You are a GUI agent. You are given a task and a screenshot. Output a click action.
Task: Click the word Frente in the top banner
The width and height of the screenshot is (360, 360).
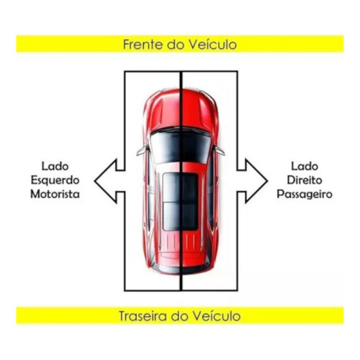(143, 45)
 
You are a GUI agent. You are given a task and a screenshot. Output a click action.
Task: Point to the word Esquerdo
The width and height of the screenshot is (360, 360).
(55, 180)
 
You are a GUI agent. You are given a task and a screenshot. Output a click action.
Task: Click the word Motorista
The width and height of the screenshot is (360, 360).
(55, 194)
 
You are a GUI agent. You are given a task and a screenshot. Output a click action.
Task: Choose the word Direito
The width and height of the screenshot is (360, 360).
(305, 180)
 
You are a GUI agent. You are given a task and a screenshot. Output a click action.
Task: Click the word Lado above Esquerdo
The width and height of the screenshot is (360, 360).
(55, 166)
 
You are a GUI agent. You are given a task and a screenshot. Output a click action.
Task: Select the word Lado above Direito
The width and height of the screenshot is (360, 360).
(305, 166)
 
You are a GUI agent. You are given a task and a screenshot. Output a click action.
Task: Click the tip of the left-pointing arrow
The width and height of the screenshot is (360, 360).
(95, 181)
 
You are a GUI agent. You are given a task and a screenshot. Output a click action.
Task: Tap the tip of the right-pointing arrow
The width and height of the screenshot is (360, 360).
(267, 181)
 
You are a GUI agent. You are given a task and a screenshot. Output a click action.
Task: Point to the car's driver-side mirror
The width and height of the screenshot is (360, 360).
(143, 150)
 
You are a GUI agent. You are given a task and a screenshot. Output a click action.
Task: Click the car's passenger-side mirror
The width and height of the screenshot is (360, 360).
(219, 151)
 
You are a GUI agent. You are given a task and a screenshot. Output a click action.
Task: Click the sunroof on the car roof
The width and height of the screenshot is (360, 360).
(180, 202)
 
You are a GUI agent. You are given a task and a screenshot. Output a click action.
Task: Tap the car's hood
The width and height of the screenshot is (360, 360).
(181, 110)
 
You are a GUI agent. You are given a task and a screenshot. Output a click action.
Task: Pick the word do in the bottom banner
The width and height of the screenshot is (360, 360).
(179, 316)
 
